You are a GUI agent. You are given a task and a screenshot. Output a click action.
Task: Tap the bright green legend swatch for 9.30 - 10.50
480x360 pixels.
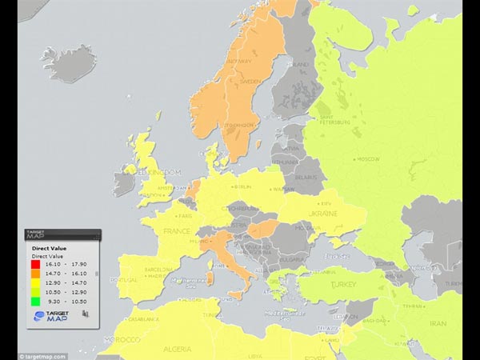pyautogui.click(x=35, y=302)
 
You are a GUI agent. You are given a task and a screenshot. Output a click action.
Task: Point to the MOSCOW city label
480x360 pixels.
pyautogui.click(x=367, y=159)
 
